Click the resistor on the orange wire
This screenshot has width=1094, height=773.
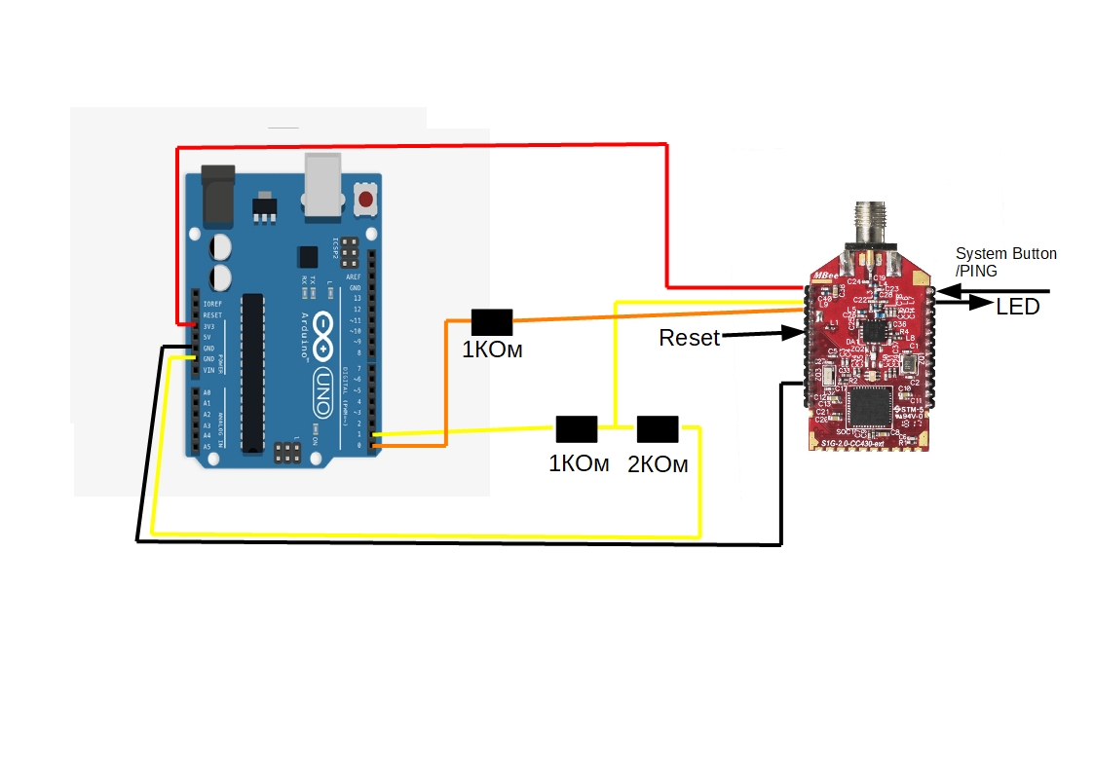492,321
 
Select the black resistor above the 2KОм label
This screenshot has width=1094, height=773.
658,428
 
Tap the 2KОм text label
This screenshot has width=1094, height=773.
658,465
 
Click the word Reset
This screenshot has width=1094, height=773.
689,338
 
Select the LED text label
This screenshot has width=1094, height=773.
1017,308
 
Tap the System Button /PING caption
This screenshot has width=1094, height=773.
1004,262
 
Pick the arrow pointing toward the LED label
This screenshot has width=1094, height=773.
964,303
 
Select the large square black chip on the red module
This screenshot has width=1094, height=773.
869,407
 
